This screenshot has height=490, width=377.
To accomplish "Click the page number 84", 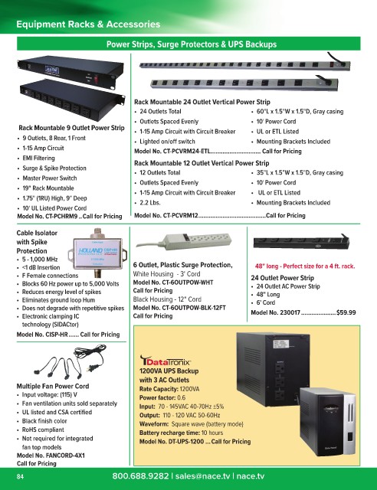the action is pos(20,477).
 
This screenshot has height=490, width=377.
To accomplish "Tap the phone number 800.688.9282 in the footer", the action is pos(140,476).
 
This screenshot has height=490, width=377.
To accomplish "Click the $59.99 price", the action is pos(346,312).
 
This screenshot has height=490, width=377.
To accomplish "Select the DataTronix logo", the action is pos(165,361).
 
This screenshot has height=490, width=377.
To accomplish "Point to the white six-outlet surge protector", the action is pos(185,241).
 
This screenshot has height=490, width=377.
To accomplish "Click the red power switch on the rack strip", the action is pos(97,79).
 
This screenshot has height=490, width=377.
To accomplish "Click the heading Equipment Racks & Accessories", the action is pos(88,24).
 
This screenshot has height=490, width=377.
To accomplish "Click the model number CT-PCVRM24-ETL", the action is pos(186,152).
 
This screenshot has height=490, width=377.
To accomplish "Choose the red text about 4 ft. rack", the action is pos(305,266).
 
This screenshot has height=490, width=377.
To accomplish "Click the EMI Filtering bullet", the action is pos(38,158).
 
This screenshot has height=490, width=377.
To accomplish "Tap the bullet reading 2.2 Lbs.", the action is pos(150,203).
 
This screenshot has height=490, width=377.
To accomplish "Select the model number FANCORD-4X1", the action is pos(65,456).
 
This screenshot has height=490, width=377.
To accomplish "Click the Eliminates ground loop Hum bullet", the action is pos(58,300).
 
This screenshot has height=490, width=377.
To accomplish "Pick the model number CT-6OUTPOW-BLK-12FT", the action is pos(195,308).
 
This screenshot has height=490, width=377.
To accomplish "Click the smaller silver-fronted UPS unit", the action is pos(327,421).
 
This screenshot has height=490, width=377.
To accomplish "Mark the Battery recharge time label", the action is pos(169,433).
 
